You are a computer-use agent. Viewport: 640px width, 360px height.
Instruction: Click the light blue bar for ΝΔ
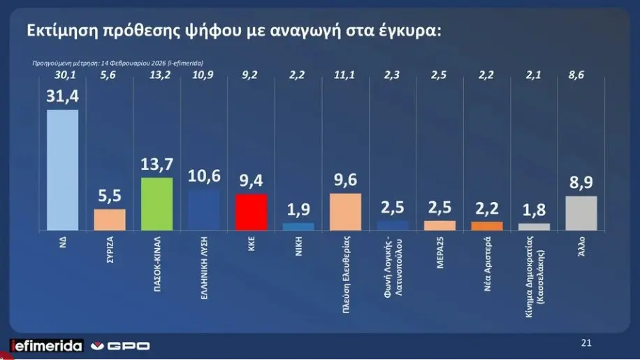point(62,170)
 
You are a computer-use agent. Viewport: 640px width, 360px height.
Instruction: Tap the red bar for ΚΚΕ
point(251,212)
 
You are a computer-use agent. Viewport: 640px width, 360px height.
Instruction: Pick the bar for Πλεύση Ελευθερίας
point(345,211)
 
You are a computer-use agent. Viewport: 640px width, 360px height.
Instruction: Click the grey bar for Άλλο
point(581,213)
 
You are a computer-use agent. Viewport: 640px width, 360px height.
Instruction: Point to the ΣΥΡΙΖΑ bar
point(110,219)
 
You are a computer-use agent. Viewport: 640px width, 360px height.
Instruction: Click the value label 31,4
point(62,97)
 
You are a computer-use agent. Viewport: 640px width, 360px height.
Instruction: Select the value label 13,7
point(157,166)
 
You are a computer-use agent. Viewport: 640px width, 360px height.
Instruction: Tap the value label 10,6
point(204,178)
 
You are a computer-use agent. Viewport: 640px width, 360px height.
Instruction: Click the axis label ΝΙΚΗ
point(298,247)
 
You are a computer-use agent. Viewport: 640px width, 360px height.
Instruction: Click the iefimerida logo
point(46,345)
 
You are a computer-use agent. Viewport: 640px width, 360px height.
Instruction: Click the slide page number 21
point(586,343)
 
